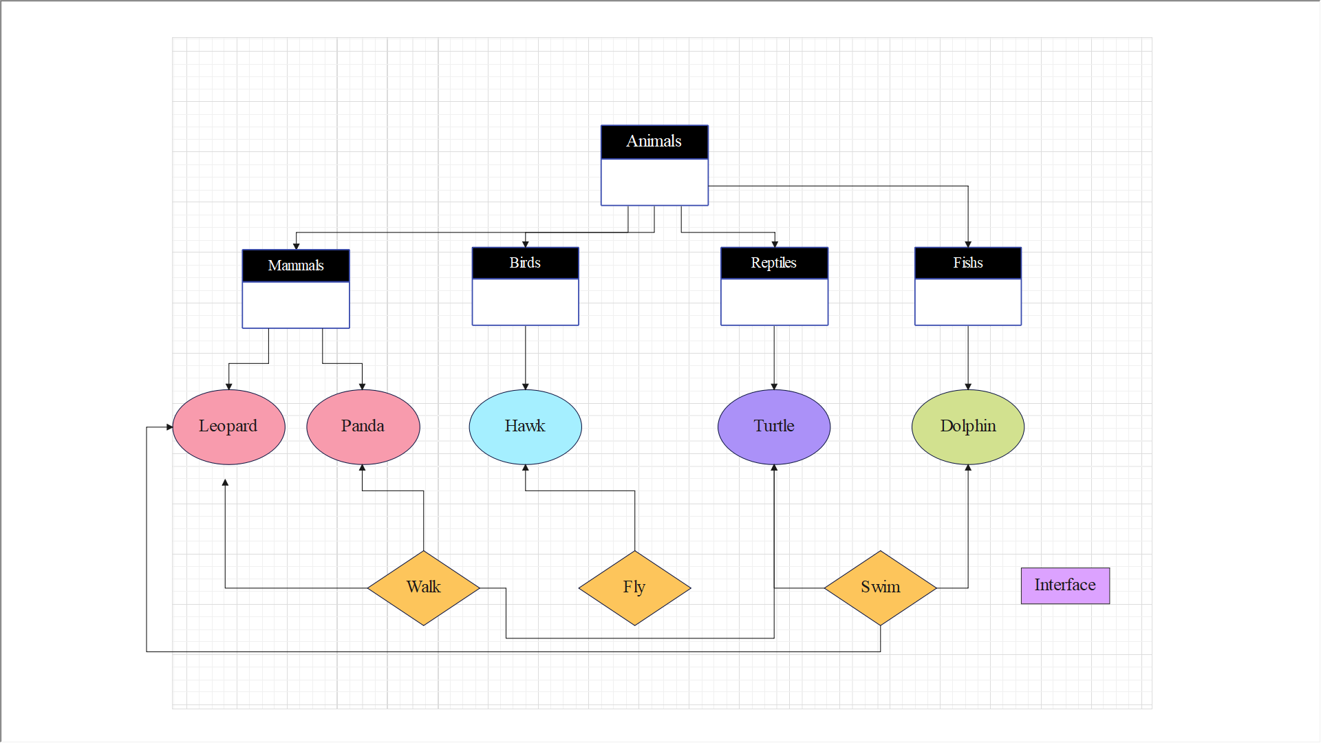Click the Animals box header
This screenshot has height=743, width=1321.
(654, 142)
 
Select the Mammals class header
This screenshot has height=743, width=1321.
(296, 266)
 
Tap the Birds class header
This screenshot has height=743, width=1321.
(525, 263)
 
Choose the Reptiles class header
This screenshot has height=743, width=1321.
(774, 263)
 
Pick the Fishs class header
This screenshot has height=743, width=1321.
(967, 263)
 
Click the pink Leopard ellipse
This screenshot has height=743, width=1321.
(228, 427)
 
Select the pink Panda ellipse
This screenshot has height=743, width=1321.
(363, 427)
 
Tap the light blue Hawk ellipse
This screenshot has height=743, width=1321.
(525, 427)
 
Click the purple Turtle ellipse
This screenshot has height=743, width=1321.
(774, 427)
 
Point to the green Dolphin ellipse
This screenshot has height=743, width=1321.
(967, 427)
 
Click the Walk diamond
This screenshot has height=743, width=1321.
(423, 588)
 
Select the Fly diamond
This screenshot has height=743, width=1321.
(634, 588)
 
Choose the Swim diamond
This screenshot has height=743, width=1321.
(880, 588)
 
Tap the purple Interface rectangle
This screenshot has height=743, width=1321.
(1065, 585)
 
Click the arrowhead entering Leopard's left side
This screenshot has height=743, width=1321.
(169, 427)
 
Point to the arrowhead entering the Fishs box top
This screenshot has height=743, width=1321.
(968, 244)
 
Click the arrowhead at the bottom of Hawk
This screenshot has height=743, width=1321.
(526, 468)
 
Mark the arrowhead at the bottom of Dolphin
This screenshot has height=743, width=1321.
(968, 468)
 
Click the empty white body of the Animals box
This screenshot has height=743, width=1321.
(654, 182)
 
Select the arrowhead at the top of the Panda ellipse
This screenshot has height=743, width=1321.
(363, 387)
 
